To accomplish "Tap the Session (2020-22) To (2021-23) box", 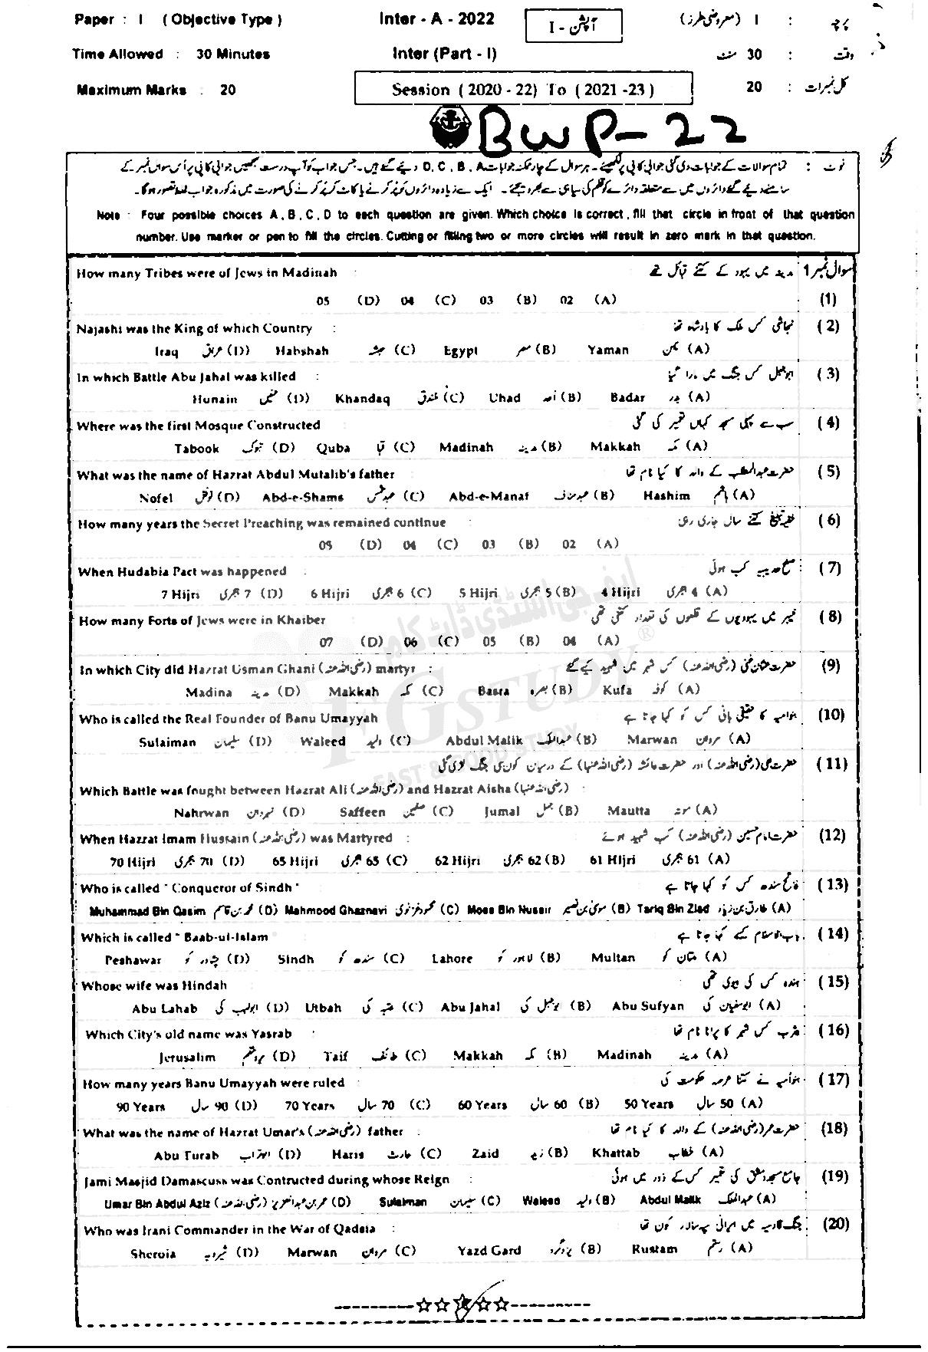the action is pos(523,90).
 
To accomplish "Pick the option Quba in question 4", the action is pos(333,448).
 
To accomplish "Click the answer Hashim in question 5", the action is pos(666,495).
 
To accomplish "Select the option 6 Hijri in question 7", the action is pos(330,593).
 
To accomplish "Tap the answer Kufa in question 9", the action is pos(617,689).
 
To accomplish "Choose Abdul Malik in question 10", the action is pos(484,740).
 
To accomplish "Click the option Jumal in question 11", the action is pos(502,811).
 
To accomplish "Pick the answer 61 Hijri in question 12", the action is pos(613,860).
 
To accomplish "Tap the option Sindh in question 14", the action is pos(295,959).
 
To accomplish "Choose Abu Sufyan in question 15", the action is pos(647,1006).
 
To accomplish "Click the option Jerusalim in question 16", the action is pos(187,1057).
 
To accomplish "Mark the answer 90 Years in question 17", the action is pos(140,1106).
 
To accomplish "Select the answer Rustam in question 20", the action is pos(654,1249).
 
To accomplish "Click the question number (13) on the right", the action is pos(833,885).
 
